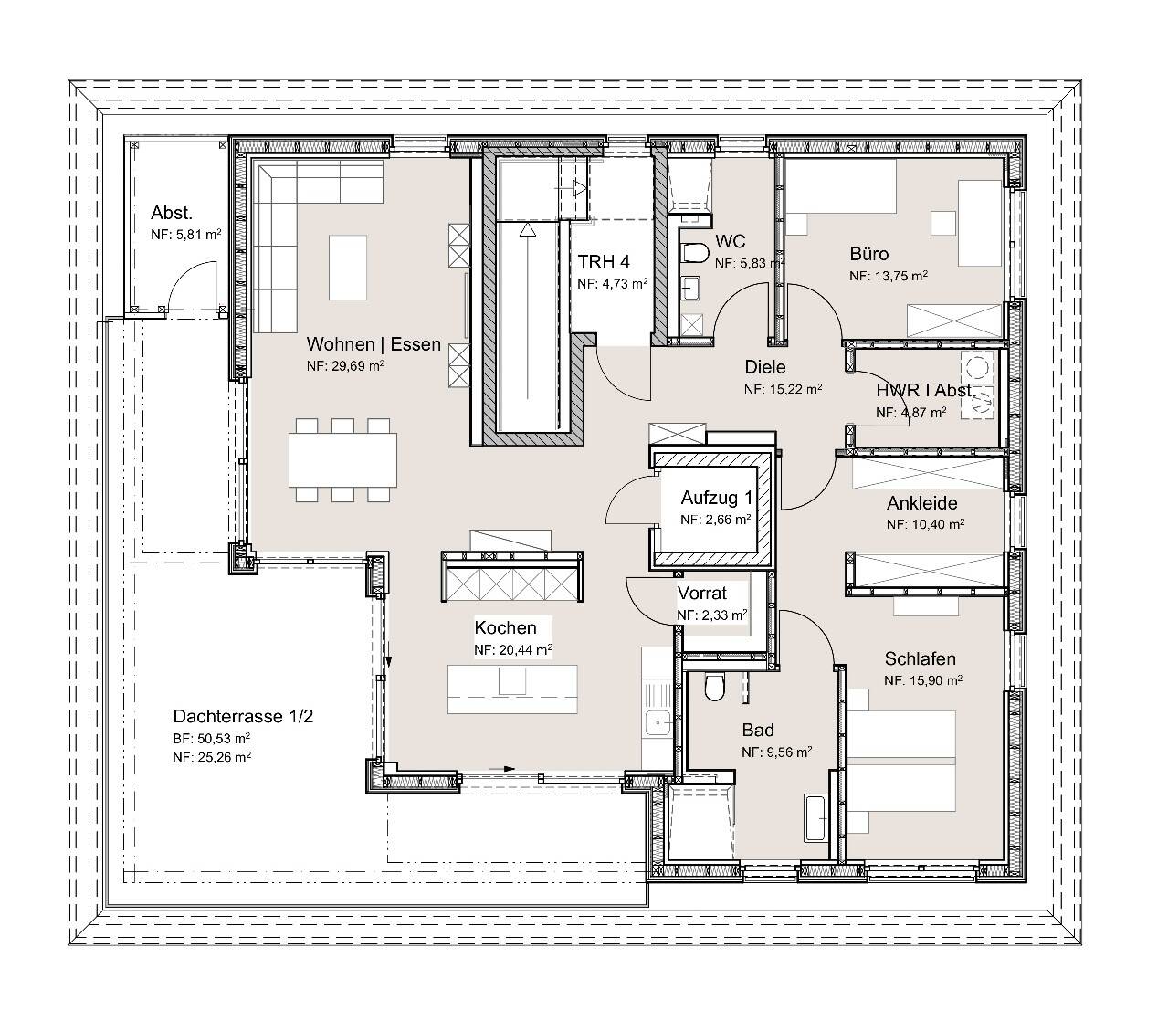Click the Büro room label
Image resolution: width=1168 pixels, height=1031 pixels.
click(868, 254)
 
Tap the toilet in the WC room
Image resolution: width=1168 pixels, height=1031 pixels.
click(695, 253)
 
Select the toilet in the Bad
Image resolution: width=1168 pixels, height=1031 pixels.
click(714, 687)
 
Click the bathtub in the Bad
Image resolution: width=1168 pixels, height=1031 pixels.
click(815, 818)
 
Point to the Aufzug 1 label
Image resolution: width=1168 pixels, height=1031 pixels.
click(717, 497)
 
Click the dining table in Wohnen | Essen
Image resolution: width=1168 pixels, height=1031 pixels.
click(342, 459)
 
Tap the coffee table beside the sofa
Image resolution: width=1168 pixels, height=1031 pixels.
click(348, 267)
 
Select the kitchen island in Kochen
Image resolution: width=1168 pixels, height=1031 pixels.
click(512, 689)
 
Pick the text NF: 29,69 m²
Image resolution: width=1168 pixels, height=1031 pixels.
click(345, 366)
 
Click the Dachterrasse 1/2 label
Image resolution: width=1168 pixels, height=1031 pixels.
click(243, 716)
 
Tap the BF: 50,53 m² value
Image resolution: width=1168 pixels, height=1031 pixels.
click(212, 739)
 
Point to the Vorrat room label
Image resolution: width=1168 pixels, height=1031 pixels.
click(701, 593)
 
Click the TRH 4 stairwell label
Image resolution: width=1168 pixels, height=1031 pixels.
click(604, 262)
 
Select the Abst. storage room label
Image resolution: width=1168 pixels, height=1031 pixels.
click(172, 213)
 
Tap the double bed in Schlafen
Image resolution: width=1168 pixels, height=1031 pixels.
click(901, 761)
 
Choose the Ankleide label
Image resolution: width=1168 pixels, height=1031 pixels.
click(921, 503)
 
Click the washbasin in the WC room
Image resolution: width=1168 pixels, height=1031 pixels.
click(690, 289)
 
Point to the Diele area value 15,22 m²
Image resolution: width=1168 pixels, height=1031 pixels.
click(794, 389)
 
